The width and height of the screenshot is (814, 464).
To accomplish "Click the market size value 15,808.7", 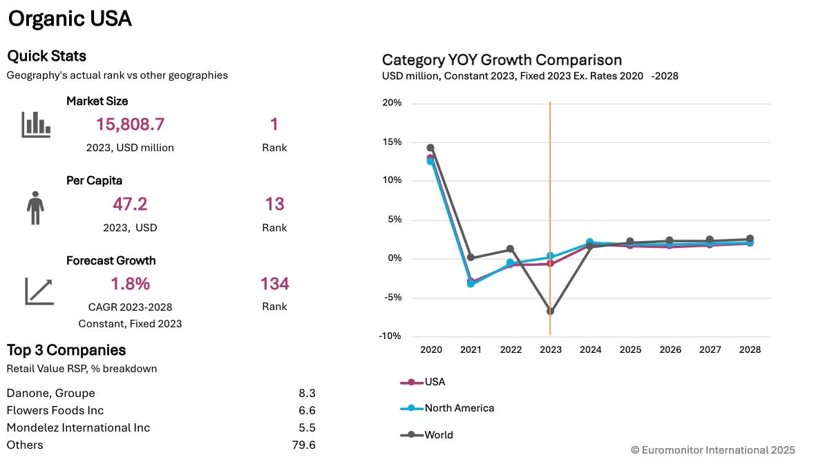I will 131,124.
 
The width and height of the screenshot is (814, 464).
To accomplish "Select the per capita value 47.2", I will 130,204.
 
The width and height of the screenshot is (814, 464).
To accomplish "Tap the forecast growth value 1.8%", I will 130,284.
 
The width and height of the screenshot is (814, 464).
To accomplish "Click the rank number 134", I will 274,284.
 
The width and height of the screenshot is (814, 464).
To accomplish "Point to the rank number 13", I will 274,204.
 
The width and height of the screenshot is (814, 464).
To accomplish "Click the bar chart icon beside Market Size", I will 36,124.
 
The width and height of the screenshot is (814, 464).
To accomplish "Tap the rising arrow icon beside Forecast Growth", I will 39,291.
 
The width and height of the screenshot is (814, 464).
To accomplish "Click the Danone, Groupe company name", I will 50,393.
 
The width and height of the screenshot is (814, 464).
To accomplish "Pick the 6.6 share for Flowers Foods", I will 307,410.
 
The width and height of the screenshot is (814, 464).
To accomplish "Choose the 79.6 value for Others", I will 304,445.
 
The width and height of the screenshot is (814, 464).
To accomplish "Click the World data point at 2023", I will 550,311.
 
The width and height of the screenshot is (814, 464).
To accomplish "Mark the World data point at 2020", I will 430,148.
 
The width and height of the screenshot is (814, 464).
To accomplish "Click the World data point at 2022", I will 510,249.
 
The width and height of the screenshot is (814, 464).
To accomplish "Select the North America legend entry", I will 448,408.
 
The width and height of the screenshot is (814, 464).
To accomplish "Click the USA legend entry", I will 424,382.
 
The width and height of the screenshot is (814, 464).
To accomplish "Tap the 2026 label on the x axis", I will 670,350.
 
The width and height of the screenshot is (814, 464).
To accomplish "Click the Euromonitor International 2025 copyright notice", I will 712,449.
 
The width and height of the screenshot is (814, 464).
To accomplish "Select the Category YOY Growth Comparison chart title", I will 502,60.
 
